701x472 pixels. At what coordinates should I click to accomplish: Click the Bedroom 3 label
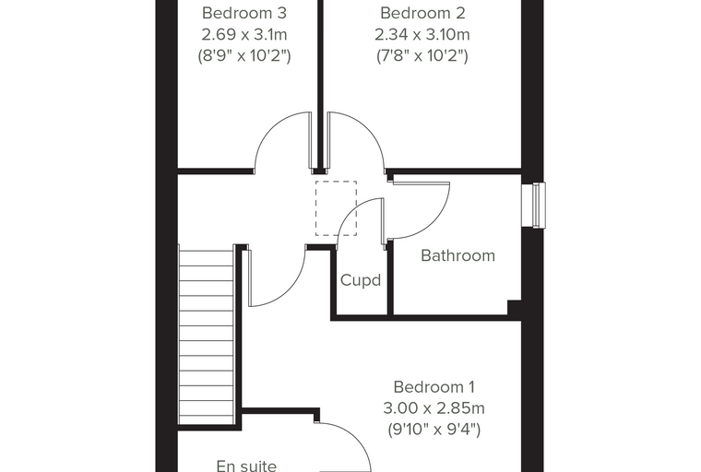point(244,13)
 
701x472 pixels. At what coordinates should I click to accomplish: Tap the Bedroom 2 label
point(422,13)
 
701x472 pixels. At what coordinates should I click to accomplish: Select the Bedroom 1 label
point(434,386)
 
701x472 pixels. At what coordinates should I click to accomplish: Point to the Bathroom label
point(457,255)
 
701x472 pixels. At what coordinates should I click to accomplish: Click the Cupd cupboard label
point(361,280)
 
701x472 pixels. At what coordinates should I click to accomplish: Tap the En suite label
point(246,466)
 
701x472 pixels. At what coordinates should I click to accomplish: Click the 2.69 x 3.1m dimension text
point(244,34)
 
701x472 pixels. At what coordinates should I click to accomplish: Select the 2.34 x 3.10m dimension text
point(422,34)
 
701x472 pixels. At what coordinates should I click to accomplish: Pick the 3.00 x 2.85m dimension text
point(434,408)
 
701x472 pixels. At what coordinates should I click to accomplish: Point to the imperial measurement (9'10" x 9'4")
point(434,430)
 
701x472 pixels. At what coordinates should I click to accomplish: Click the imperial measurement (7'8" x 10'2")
point(422,56)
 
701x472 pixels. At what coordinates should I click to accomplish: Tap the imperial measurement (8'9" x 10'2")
point(244,56)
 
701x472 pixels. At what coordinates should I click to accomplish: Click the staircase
point(206,337)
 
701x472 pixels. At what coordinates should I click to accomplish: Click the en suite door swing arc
point(358,438)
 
